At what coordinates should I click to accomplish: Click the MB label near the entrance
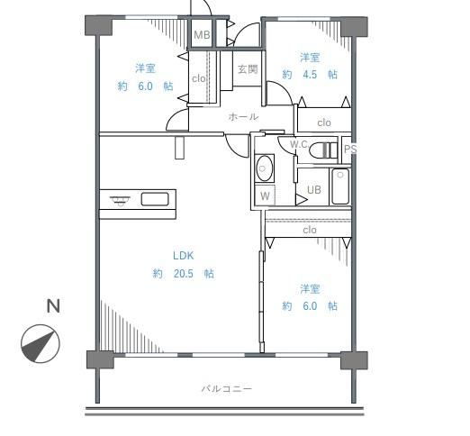[x=202, y=35]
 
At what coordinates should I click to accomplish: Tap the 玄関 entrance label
[x=248, y=69]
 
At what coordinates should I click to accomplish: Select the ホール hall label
[x=243, y=116]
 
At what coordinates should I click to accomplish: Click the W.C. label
[x=299, y=144]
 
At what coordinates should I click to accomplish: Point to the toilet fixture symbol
[x=323, y=150]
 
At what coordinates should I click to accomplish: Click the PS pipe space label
[x=350, y=150]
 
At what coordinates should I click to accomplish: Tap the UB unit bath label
[x=314, y=190]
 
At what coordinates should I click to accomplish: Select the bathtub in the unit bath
[x=340, y=186]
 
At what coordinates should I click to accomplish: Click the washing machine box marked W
[x=265, y=195]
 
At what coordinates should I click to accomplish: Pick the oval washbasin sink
[x=265, y=168]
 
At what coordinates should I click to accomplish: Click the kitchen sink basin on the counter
[x=155, y=199]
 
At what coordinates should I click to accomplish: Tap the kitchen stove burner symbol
[x=120, y=200]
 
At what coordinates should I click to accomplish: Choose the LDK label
[x=184, y=256]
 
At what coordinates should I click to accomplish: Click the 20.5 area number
[x=184, y=274]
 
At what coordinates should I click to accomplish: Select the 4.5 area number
[x=310, y=74]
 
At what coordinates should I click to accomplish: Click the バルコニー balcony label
[x=227, y=389]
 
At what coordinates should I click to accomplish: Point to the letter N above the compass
[x=53, y=306]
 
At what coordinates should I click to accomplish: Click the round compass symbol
[x=41, y=343]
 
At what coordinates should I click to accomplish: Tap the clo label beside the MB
[x=199, y=78]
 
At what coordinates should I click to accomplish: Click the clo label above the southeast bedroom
[x=310, y=230]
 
